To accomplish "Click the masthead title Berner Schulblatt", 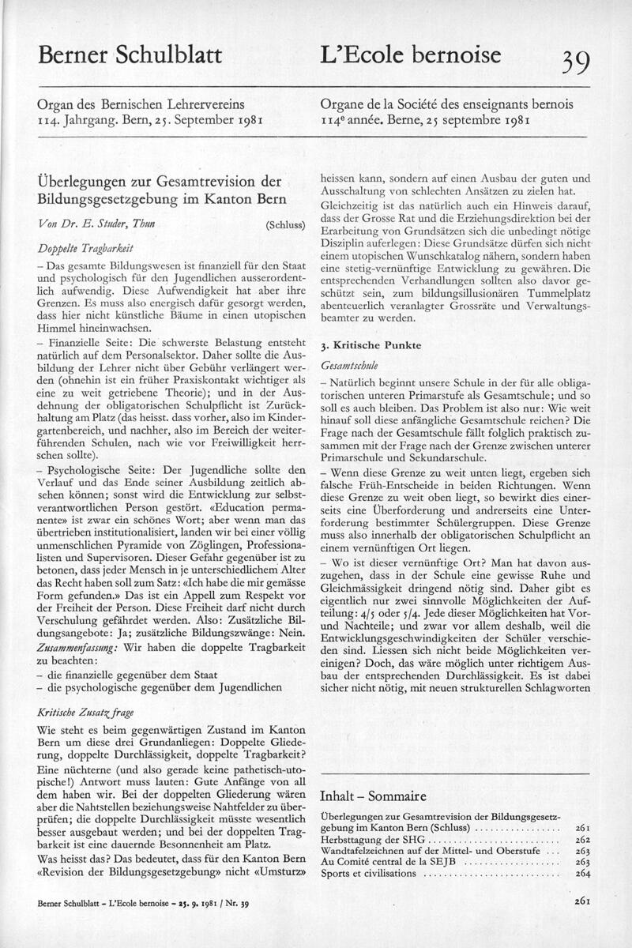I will click(x=130, y=56).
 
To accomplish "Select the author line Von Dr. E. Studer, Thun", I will click(x=98, y=225).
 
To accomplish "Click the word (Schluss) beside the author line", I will click(x=286, y=226).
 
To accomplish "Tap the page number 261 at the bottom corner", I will click(x=584, y=901).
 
